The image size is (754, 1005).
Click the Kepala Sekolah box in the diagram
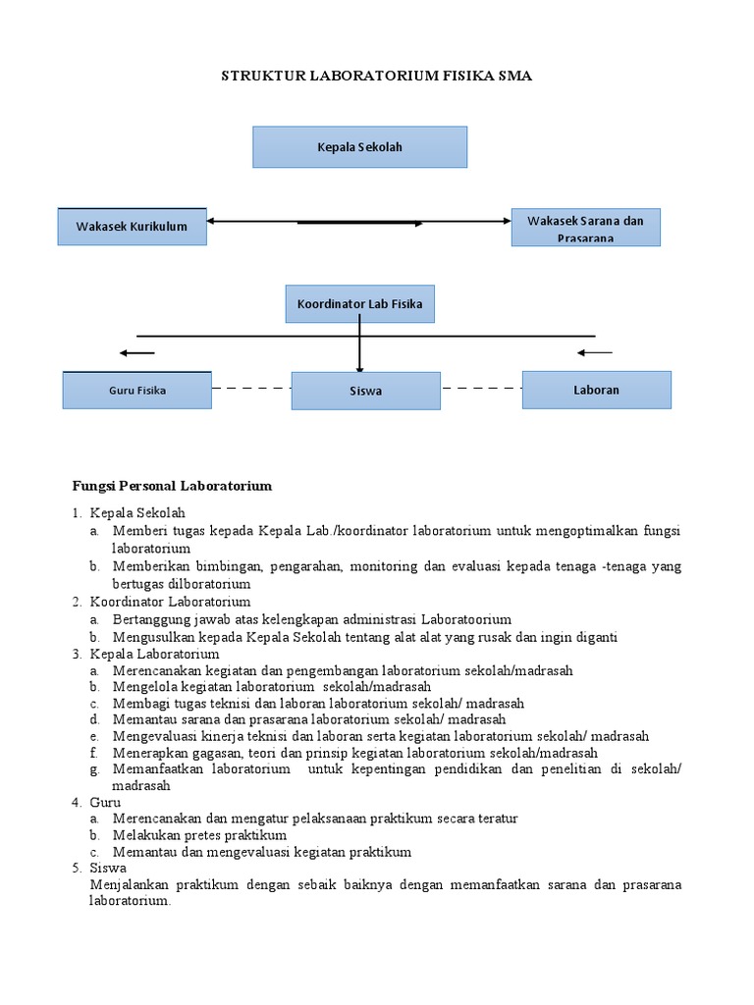(359, 147)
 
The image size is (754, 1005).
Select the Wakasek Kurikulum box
(132, 227)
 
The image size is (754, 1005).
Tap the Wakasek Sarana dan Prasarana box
(585, 228)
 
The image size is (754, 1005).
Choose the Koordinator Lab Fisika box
(359, 304)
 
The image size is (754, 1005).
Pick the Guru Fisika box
(136, 391)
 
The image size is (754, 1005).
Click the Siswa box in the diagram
(365, 391)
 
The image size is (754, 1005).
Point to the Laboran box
(596, 390)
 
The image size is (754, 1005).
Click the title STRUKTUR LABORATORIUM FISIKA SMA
(376, 77)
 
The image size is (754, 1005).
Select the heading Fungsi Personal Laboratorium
(172, 485)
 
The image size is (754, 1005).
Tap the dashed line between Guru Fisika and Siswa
(250, 389)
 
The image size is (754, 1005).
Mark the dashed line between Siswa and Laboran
(481, 389)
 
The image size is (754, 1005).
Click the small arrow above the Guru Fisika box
(136, 352)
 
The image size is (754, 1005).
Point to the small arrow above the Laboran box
(595, 351)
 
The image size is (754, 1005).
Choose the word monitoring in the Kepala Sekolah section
(386, 567)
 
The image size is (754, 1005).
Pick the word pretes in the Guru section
(192, 835)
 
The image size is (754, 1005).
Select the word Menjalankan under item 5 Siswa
(128, 885)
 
